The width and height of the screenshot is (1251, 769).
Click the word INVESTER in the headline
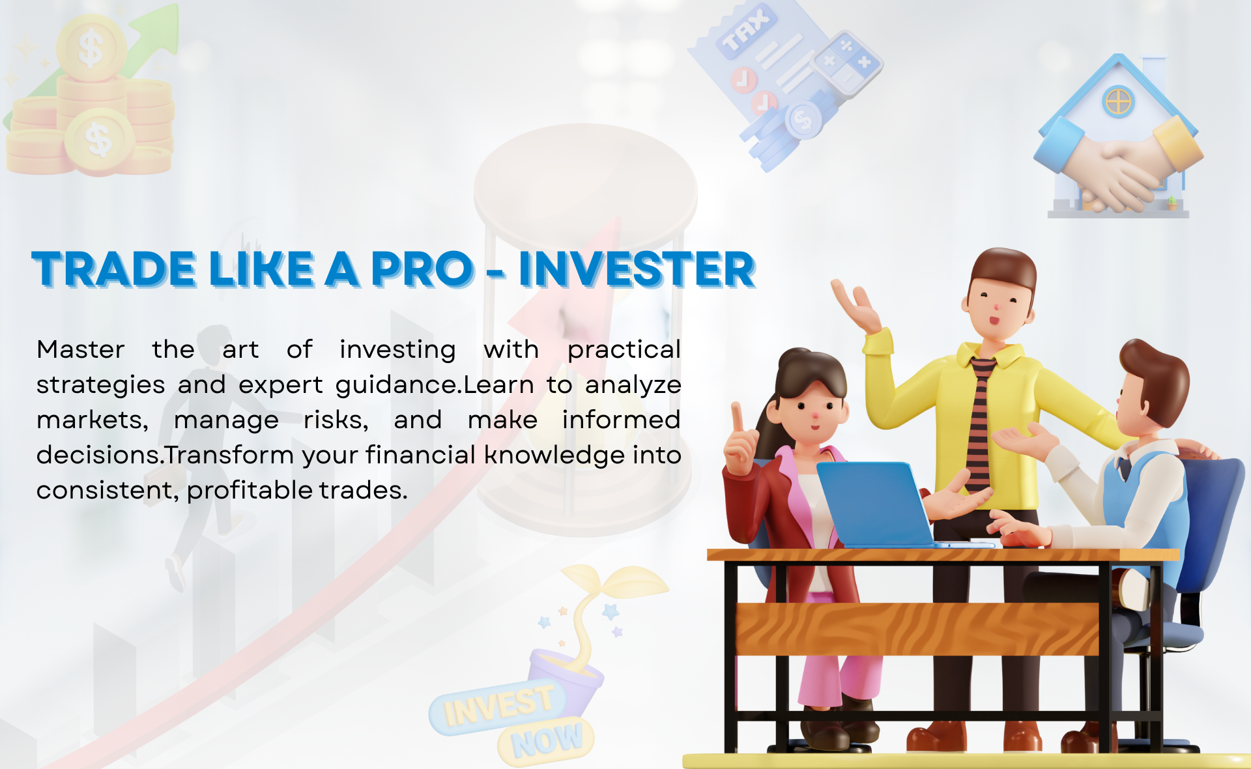click(637, 269)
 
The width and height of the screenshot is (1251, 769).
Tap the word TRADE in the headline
click(113, 269)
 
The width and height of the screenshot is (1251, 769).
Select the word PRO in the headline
click(422, 269)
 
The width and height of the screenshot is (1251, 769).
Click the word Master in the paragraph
click(80, 350)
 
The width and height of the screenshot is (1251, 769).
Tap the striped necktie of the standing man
click(979, 424)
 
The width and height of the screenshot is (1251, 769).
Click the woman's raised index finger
click(738, 417)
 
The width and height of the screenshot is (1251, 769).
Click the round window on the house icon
click(1119, 102)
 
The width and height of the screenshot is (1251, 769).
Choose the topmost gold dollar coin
click(91, 48)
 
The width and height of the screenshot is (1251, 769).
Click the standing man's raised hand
click(857, 306)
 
